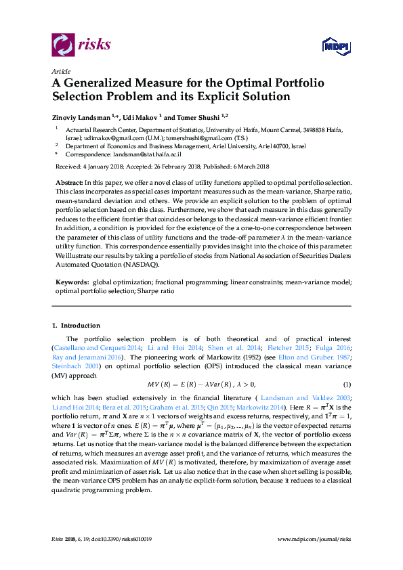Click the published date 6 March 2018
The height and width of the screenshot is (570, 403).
(250, 166)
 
